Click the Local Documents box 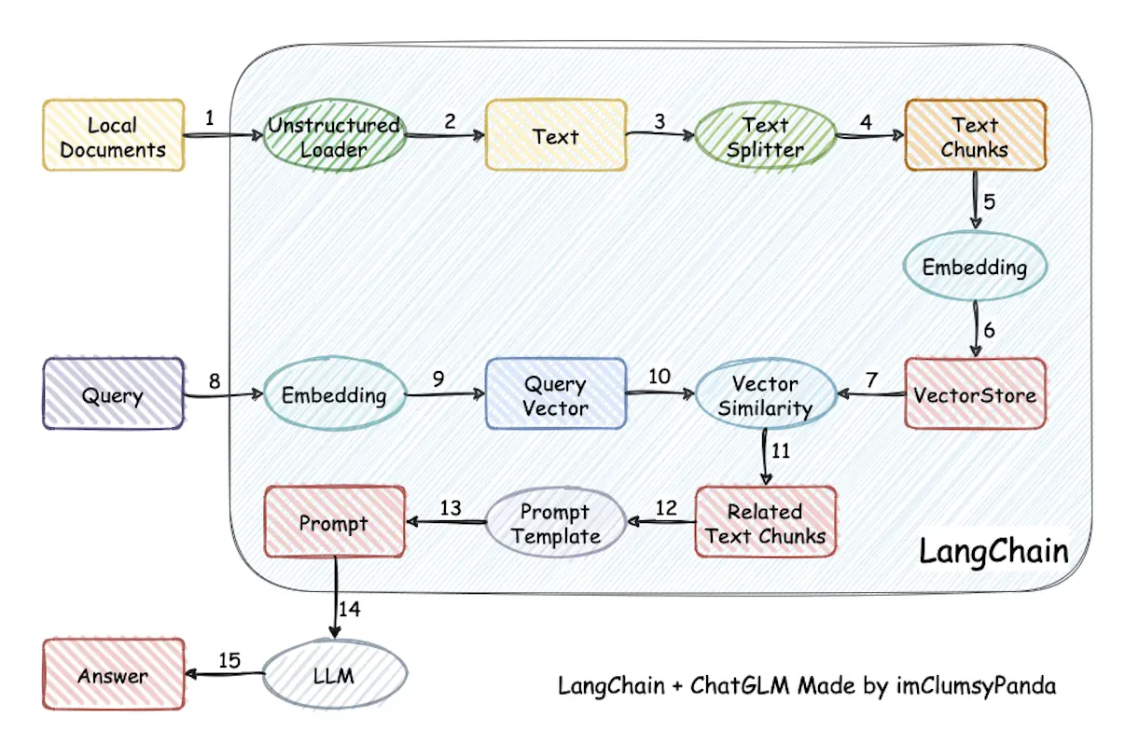pyautogui.click(x=113, y=136)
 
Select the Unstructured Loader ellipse pyautogui.click(x=334, y=136)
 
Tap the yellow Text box pyautogui.click(x=555, y=136)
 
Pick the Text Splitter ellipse pyautogui.click(x=765, y=136)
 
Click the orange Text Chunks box pyautogui.click(x=975, y=136)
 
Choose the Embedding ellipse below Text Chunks pyautogui.click(x=975, y=267)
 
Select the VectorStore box pyautogui.click(x=975, y=394)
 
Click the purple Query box pyautogui.click(x=113, y=394)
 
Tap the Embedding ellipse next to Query pyautogui.click(x=334, y=394)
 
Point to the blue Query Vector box pyautogui.click(x=555, y=394)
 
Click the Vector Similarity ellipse pyautogui.click(x=765, y=394)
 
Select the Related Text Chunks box pyautogui.click(x=765, y=522)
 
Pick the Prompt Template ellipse pyautogui.click(x=555, y=522)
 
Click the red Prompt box pyautogui.click(x=334, y=522)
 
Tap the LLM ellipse pyautogui.click(x=334, y=675)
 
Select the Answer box pyautogui.click(x=113, y=675)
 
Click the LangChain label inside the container pyautogui.click(x=993, y=550)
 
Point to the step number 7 pyautogui.click(x=872, y=379)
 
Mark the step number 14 pyautogui.click(x=350, y=609)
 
